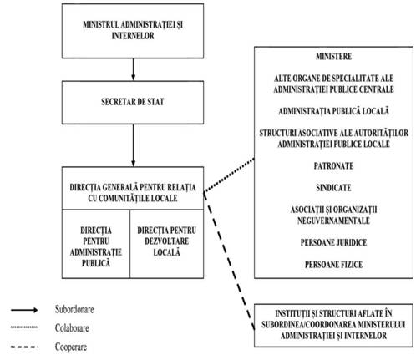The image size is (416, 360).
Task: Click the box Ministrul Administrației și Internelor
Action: coord(133,31)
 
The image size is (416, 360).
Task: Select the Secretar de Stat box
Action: coord(133,103)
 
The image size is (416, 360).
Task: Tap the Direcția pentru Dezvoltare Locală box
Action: coord(167,244)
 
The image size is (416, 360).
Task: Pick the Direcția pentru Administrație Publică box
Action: coord(96,244)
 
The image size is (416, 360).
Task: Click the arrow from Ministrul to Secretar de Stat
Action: coord(133,69)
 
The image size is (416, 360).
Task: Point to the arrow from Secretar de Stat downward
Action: coord(133,145)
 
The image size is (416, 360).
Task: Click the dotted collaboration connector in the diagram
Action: coord(229,175)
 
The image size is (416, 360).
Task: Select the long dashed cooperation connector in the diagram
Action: coord(229,261)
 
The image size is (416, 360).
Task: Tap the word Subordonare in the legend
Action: coord(74,309)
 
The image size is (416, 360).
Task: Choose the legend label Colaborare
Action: coord(72,328)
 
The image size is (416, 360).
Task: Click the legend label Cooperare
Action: coord(71,347)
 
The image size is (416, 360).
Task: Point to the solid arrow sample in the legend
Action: coord(24,310)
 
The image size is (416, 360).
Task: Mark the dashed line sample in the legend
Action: coord(24,347)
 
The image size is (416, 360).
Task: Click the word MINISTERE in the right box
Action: coord(333,57)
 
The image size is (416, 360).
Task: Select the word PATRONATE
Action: coord(333,166)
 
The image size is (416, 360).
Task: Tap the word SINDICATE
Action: coord(333,188)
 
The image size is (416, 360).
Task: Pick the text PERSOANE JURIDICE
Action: coord(333,242)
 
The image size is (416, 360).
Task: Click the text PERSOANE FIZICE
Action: coord(333,265)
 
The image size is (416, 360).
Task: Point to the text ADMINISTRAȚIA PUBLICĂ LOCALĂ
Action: coord(333,111)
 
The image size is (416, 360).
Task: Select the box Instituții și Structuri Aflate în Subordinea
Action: coord(333,326)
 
